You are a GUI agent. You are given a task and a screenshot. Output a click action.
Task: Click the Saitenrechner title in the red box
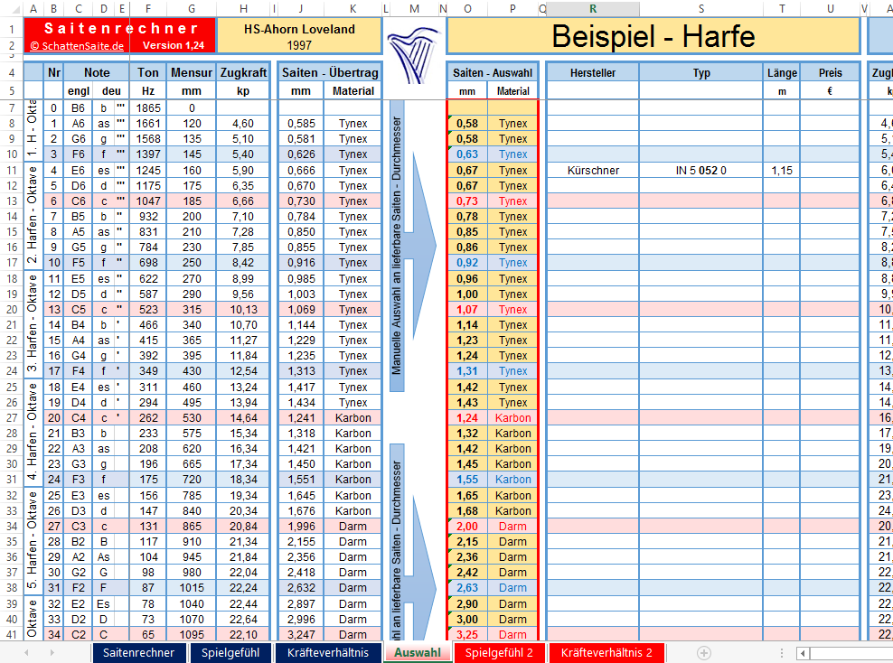coord(108,28)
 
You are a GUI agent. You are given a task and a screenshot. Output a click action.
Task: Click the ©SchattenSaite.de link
coord(78,44)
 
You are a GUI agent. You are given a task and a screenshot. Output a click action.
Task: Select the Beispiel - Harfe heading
coord(653,35)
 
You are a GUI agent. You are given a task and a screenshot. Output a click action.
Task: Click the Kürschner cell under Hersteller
coord(593,170)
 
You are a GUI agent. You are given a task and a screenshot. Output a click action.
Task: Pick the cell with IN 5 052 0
coord(700,170)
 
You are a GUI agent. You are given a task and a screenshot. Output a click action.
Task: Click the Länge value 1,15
coord(780,170)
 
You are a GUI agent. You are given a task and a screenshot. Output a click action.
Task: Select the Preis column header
coord(830,72)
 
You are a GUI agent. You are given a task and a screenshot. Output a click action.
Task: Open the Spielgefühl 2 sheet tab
coord(499,652)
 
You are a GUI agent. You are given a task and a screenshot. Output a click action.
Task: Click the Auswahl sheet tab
coord(418,652)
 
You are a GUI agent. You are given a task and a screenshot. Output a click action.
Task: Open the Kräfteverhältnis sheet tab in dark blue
coord(327,652)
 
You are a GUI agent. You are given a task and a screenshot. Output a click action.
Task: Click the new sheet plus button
coord(704,652)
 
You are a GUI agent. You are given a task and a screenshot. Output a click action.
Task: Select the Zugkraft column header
coord(243,72)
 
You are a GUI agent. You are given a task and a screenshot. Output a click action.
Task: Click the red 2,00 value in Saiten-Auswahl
coord(467,526)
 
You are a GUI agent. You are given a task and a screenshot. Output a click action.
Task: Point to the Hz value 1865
coord(148,107)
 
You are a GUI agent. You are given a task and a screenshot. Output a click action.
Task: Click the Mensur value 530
coord(192,417)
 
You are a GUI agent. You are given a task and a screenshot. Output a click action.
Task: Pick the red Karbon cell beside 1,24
coord(513,417)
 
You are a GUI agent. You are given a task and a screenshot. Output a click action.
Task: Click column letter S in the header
coord(700,9)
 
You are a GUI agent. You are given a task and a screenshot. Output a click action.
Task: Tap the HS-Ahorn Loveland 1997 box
coord(299,36)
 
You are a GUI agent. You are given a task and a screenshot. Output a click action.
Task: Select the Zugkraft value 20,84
coord(243,526)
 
